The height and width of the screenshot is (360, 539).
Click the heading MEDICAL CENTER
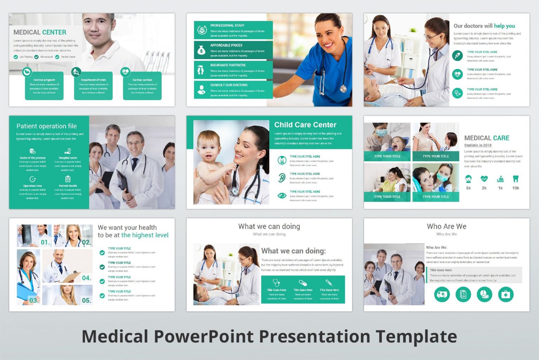coord(40,32)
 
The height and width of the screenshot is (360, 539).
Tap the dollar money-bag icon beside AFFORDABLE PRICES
coord(201,50)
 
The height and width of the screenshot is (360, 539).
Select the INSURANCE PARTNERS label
coord(228,65)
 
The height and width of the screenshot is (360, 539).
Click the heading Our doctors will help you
coord(484,26)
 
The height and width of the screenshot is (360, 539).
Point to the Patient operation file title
coord(46,126)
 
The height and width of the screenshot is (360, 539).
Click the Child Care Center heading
coord(305,125)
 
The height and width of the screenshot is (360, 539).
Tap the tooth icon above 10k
coord(515,179)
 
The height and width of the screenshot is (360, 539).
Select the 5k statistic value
coord(468,188)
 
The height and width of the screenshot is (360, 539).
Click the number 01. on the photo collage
coord(45,242)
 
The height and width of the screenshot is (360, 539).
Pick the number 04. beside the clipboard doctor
coord(86,278)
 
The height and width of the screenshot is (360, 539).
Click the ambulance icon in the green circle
coord(442,294)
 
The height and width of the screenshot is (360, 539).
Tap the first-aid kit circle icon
coord(505,294)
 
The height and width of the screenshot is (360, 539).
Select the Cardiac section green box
coord(142,86)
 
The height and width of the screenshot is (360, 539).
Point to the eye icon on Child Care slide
coord(282,195)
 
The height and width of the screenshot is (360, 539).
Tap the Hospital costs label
coord(68,158)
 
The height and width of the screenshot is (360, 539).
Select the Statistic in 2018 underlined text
coord(478,145)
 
